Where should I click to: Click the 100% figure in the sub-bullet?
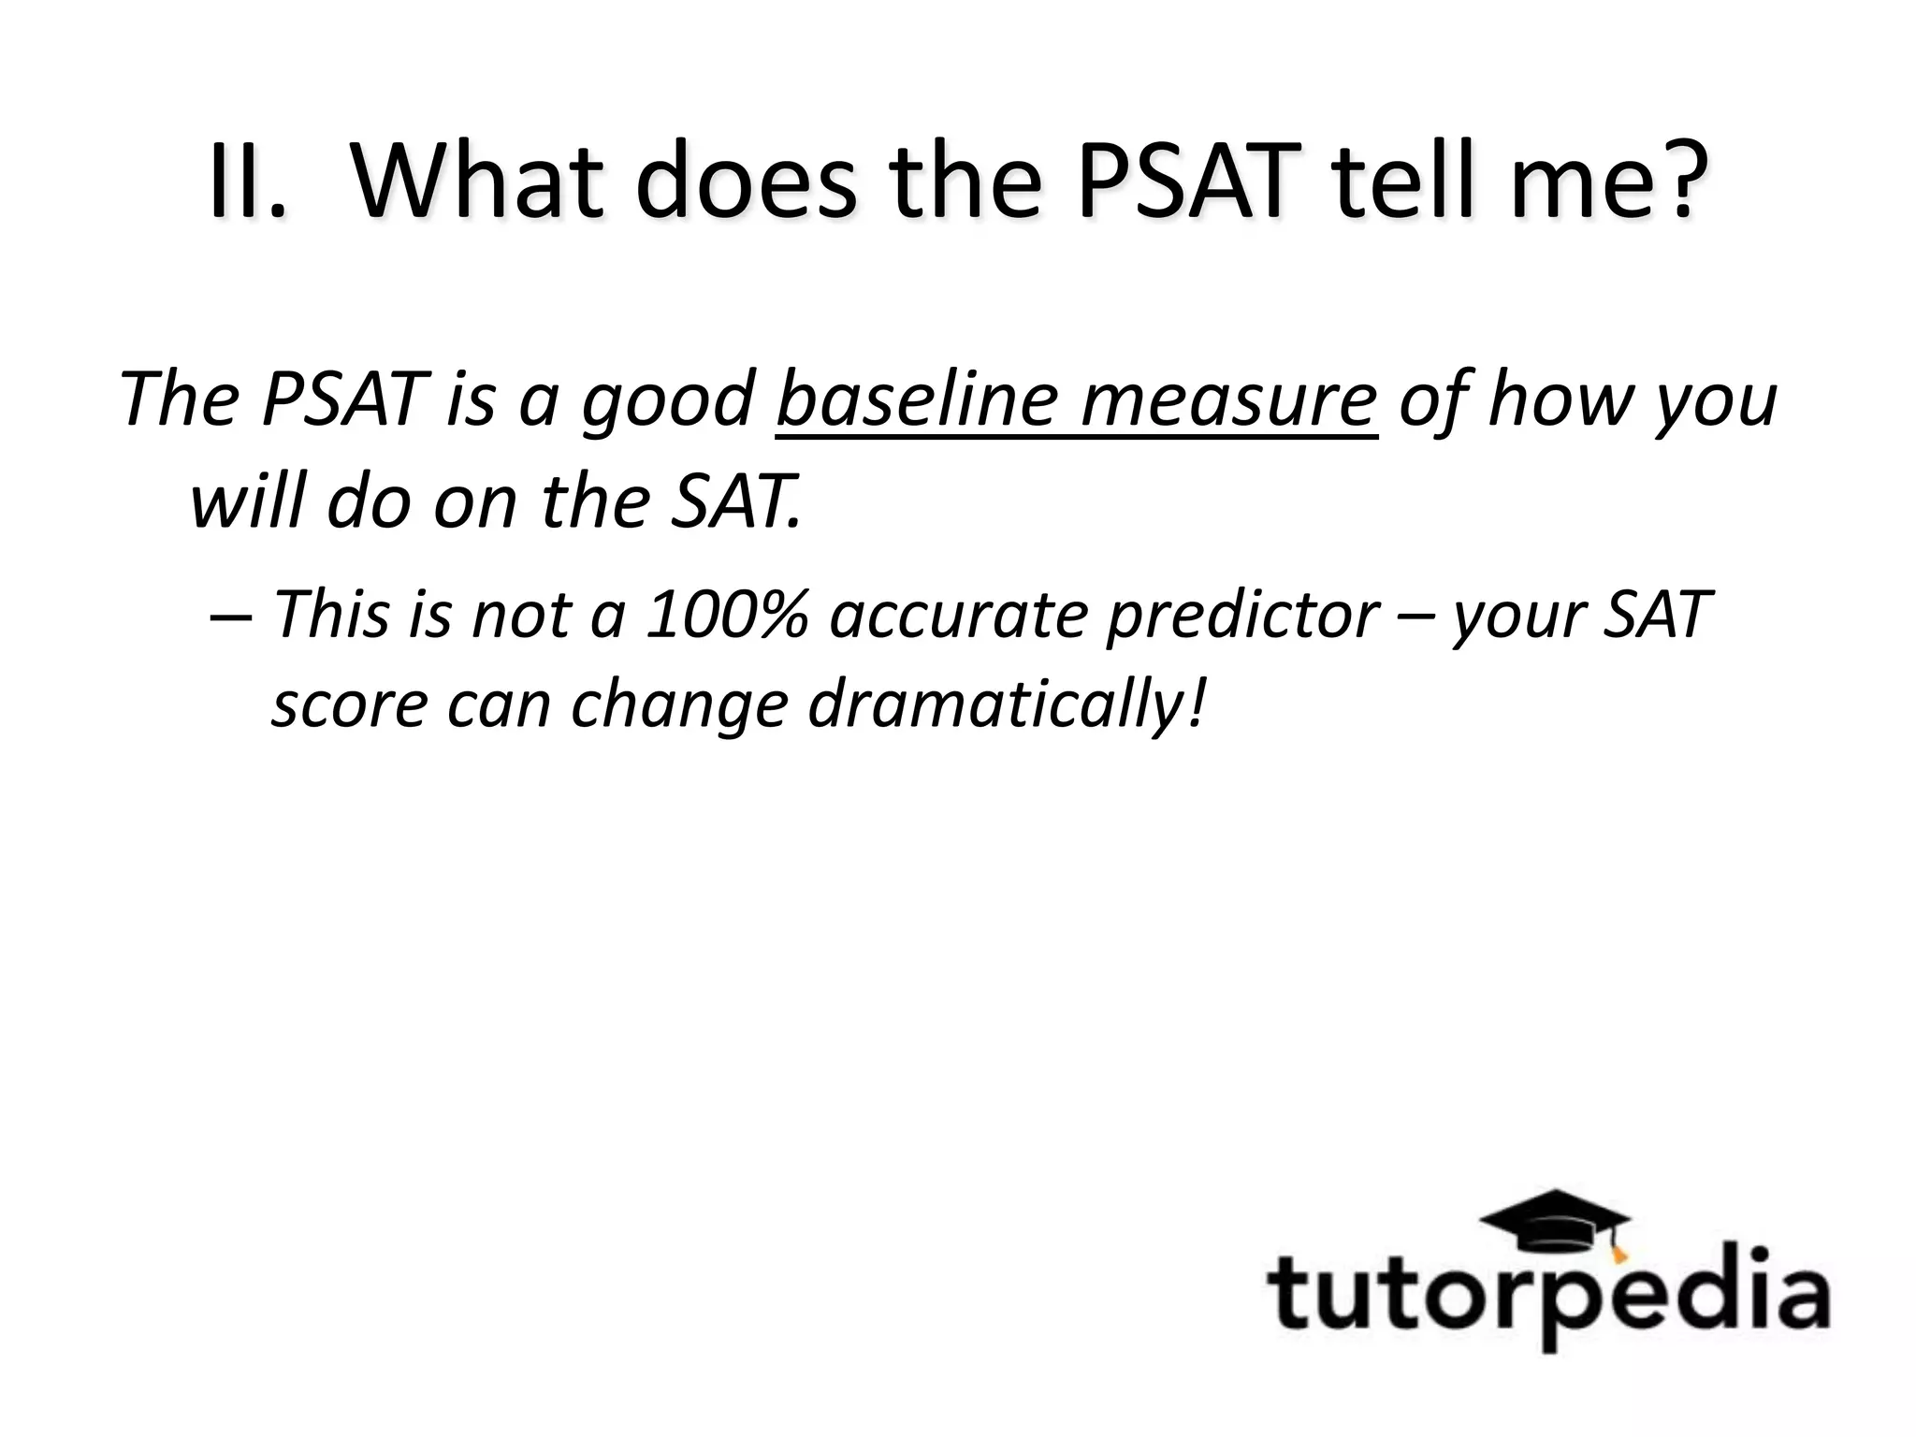[726, 615]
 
